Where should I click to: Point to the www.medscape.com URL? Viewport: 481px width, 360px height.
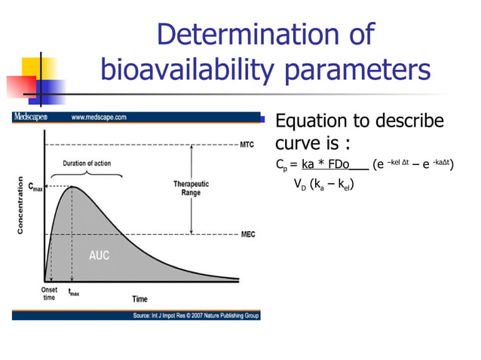(x=99, y=117)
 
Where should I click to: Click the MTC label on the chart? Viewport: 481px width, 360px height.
(x=247, y=145)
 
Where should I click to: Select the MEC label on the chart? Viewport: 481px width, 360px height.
(x=247, y=235)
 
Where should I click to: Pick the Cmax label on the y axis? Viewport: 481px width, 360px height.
(x=35, y=185)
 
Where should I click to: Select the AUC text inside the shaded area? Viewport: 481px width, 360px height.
(x=99, y=256)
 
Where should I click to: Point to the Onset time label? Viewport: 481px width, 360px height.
(x=47, y=294)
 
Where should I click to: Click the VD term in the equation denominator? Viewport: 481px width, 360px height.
(x=299, y=185)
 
